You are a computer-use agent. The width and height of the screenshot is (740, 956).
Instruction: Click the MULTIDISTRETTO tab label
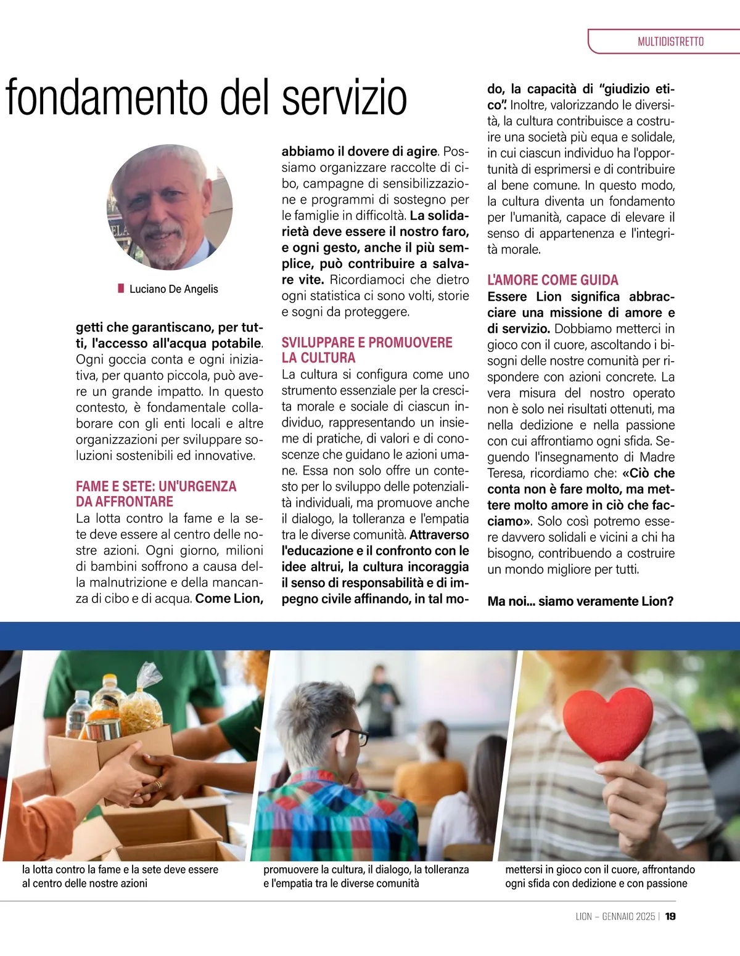[670, 42]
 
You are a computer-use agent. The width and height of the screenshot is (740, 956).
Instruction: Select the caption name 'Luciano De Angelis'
[173, 289]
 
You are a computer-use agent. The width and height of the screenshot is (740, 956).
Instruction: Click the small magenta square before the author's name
[121, 288]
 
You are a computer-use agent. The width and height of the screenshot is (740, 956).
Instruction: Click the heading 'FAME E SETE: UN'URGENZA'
[156, 486]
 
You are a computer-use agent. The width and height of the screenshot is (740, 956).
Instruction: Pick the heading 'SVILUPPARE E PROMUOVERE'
[367, 343]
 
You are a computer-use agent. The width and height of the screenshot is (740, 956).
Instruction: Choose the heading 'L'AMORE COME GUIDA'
[553, 280]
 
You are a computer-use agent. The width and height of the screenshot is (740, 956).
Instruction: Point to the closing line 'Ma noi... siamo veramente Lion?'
[580, 601]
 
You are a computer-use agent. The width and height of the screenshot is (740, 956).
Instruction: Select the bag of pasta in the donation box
[141, 703]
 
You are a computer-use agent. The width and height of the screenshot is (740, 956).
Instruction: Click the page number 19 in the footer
[670, 917]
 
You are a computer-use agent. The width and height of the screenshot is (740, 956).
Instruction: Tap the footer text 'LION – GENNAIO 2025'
[615, 917]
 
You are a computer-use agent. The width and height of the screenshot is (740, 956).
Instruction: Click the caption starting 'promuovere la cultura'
[366, 876]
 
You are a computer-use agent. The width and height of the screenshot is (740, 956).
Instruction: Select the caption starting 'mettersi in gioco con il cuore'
[599, 876]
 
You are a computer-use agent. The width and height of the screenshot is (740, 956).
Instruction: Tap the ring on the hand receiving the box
[158, 785]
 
